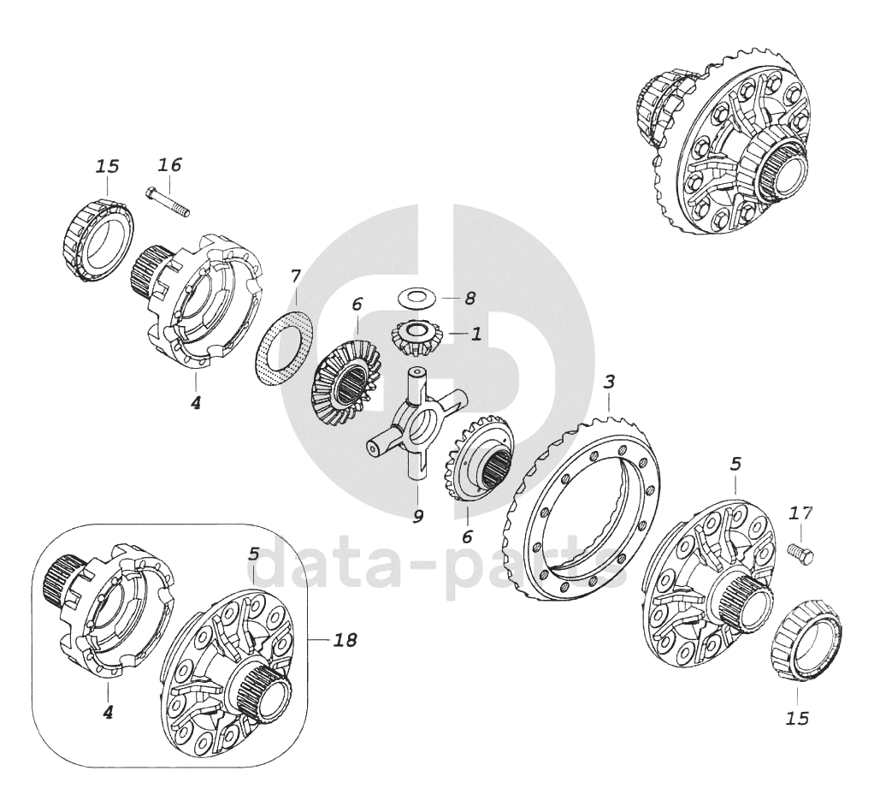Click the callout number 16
pos(169,165)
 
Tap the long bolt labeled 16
pos(168,202)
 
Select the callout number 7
pos(295,276)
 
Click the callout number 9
pos(417,517)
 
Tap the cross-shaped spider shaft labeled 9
pos(417,422)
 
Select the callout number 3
pos(609,382)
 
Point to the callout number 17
pos(801,513)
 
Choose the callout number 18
pos(345,640)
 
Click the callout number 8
pos(469,298)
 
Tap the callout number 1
pos(475,335)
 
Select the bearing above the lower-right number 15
pos(806,641)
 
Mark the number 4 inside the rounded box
pos(108,712)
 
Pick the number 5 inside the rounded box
pos(254,554)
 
